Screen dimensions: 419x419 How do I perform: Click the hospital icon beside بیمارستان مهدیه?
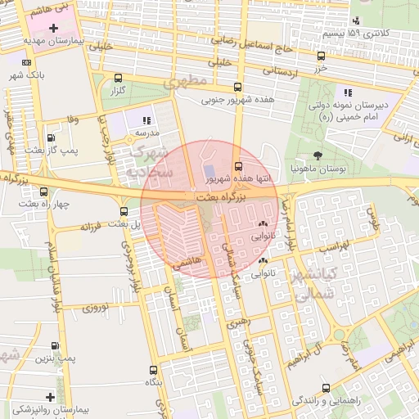pos(53,29)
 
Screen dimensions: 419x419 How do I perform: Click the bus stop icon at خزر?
pos(321,56)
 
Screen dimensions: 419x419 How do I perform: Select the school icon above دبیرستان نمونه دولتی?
pos(349,92)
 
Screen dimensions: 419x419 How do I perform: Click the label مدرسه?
pos(146,132)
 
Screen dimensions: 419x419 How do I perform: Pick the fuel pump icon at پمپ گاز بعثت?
pos(52,138)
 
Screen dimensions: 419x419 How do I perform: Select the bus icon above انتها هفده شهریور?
pos(238,166)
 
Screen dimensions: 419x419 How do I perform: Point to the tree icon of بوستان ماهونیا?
pos(318,155)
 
